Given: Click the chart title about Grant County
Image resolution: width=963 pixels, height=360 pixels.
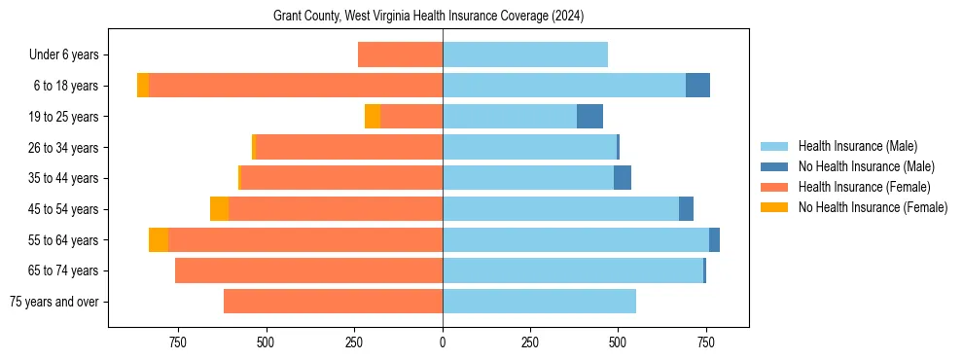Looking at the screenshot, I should point(428,17).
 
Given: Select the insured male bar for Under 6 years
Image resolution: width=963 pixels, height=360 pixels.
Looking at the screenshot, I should point(525,54).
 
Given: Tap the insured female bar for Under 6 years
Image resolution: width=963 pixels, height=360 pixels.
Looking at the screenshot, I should point(400,54).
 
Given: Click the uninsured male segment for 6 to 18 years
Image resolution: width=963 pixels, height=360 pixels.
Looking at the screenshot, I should point(697,86).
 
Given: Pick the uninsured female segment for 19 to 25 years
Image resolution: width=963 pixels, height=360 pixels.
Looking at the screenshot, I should point(373,117).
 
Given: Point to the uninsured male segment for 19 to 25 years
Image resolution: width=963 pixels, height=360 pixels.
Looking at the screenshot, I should point(589,117).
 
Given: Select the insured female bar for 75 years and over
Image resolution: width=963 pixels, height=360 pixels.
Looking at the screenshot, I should point(333,302).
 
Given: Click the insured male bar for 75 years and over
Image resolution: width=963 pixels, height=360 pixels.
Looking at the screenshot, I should point(539,302).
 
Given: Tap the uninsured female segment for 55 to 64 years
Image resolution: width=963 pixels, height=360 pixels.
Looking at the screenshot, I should point(159,239).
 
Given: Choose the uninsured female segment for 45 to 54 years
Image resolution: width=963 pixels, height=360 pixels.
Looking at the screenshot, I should point(219,209).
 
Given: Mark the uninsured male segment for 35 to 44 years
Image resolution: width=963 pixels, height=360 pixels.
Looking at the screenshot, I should point(623,178).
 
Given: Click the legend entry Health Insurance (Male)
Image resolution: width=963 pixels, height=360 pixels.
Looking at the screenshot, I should point(856,146).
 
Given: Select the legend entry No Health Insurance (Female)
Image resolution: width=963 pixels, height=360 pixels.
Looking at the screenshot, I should point(873,207).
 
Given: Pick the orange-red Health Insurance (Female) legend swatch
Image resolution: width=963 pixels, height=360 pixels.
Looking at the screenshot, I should point(775,187).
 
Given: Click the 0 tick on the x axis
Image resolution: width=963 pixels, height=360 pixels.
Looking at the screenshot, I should point(443,342).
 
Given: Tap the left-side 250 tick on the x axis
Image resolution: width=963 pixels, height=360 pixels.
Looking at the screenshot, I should point(354,342).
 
